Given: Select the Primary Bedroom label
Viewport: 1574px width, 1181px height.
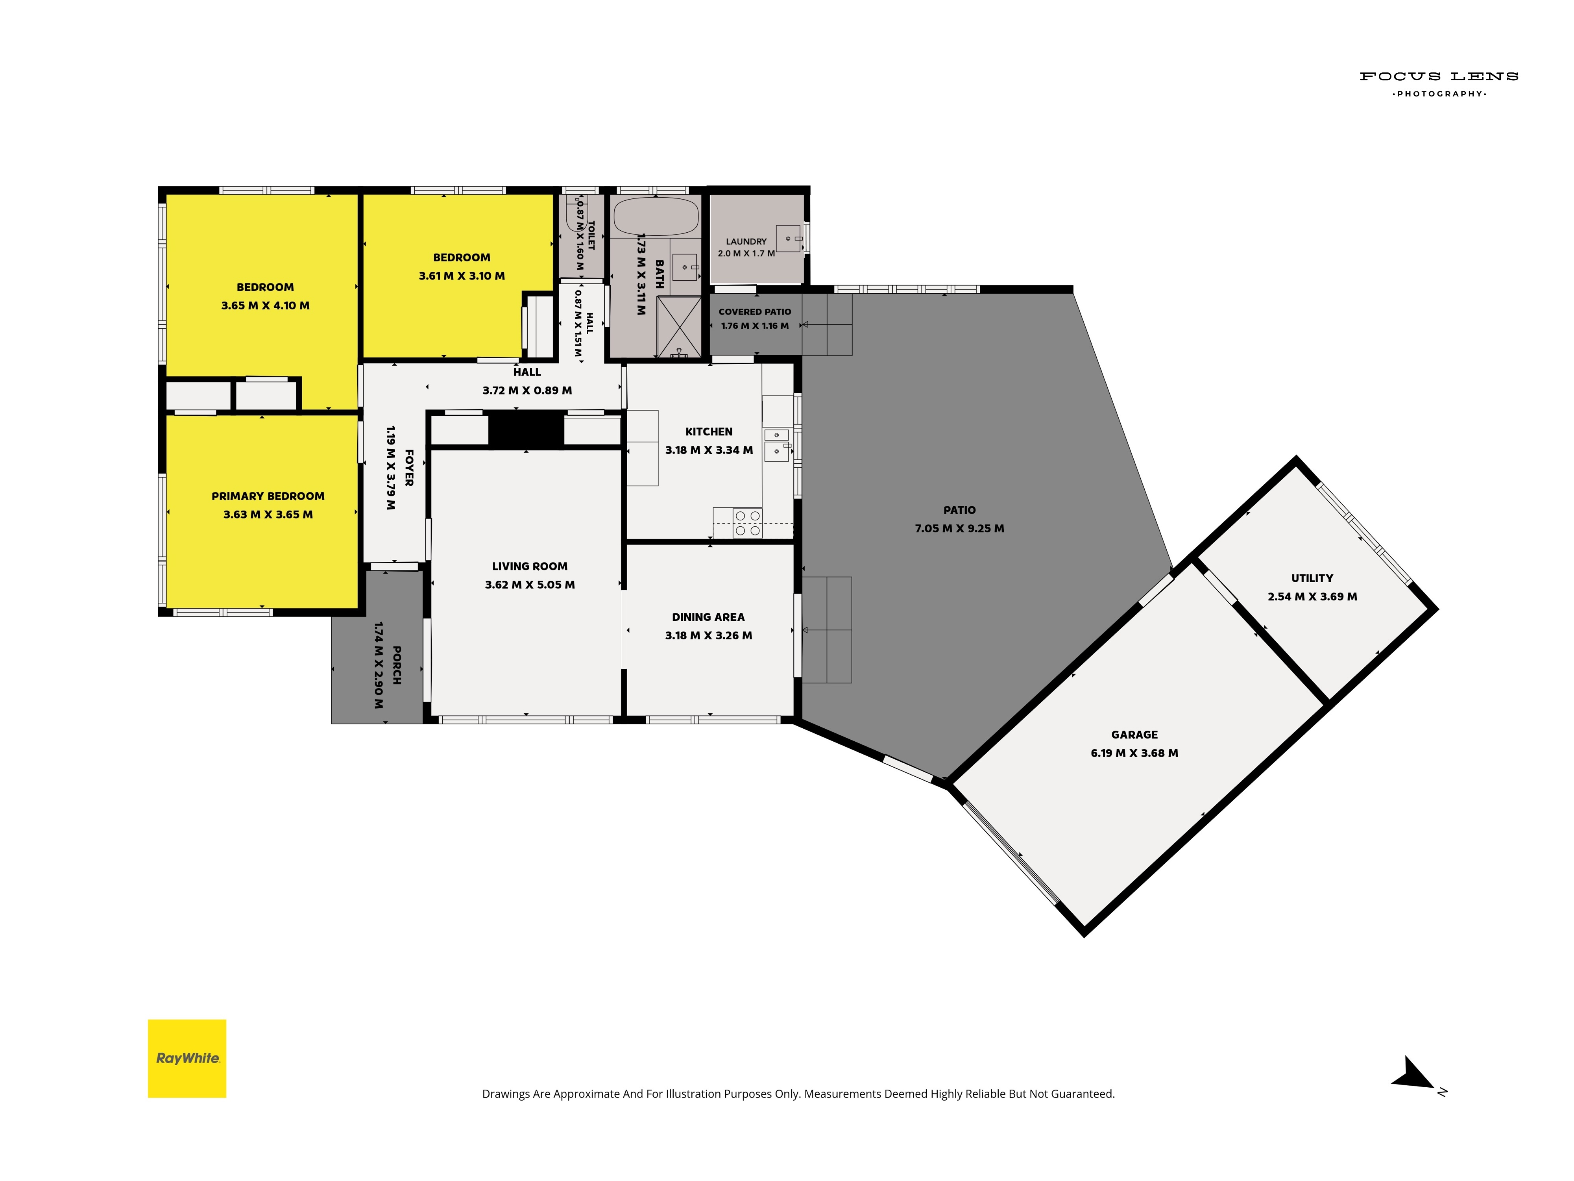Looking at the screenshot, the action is [x=268, y=496].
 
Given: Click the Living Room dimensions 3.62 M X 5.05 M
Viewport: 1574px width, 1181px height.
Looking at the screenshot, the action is [x=530, y=585].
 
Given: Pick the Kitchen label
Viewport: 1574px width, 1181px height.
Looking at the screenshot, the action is [x=709, y=431].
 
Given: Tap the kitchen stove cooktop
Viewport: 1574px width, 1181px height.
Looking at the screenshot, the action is [x=748, y=523].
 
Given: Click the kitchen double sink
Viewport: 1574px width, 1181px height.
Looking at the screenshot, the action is [x=776, y=445].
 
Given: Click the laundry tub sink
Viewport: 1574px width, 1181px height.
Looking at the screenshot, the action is [x=789, y=239].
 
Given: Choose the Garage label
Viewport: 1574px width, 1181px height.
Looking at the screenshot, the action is [x=1134, y=735].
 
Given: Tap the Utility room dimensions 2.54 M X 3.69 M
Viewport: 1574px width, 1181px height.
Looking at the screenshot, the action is [x=1312, y=596].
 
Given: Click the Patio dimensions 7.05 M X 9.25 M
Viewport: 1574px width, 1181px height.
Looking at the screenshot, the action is [x=959, y=528].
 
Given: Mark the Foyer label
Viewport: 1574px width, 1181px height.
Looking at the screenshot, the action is [x=409, y=468].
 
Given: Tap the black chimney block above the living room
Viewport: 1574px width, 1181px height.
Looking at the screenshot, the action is [x=526, y=430].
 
